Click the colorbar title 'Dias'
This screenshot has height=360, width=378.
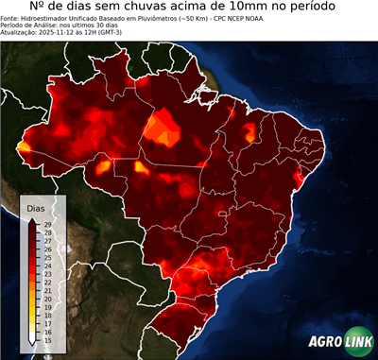pyautogui.click(x=35, y=207)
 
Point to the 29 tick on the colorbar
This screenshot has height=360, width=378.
pyautogui.click(x=46, y=224)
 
